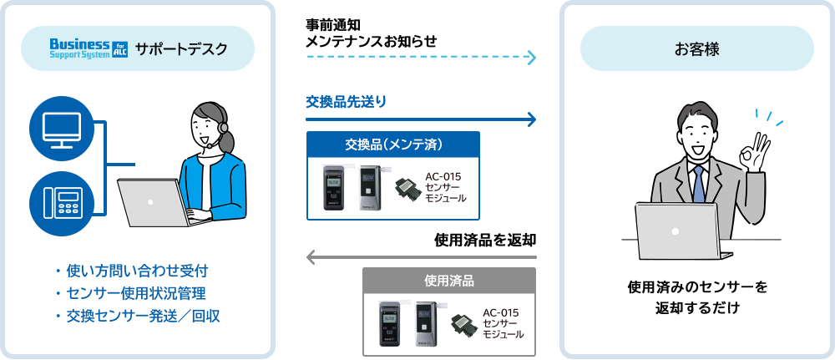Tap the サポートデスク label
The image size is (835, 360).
click(x=180, y=48)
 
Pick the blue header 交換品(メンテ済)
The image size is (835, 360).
click(x=393, y=145)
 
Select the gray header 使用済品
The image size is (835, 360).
click(x=449, y=280)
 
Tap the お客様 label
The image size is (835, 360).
click(x=696, y=48)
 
